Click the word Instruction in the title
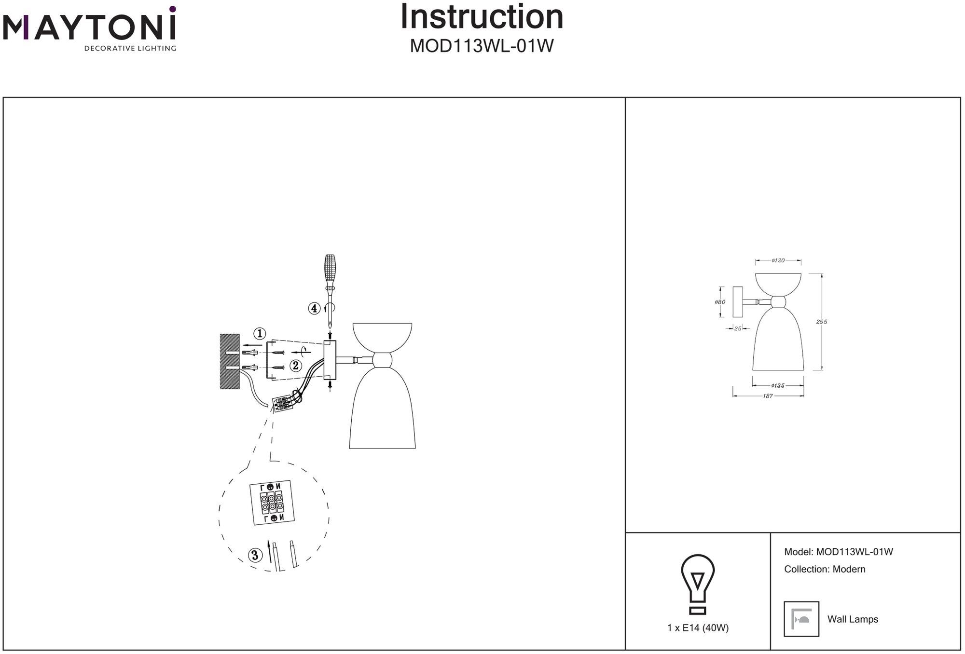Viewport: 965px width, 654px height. pos(482,17)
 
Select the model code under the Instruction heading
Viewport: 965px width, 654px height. pos(482,46)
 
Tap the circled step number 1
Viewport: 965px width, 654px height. pos(260,333)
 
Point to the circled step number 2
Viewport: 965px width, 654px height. pos(295,366)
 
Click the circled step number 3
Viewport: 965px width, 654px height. pos(255,555)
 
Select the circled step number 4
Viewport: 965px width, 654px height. pos(314,308)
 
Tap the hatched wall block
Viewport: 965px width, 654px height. pos(230,361)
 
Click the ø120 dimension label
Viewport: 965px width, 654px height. pos(778,260)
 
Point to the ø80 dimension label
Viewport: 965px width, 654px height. pos(720,302)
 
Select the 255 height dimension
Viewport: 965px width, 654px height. pos(821,322)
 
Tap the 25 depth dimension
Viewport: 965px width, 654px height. pos(737,328)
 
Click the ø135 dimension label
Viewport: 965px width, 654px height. pos(778,385)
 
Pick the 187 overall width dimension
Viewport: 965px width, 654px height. pos(768,396)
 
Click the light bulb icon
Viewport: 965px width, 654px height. pos(698,584)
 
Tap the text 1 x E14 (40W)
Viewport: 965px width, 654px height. pos(698,628)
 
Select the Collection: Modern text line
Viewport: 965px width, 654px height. pos(825,569)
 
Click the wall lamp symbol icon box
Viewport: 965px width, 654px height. pos(801,619)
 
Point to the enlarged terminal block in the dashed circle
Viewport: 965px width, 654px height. pos(272,503)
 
